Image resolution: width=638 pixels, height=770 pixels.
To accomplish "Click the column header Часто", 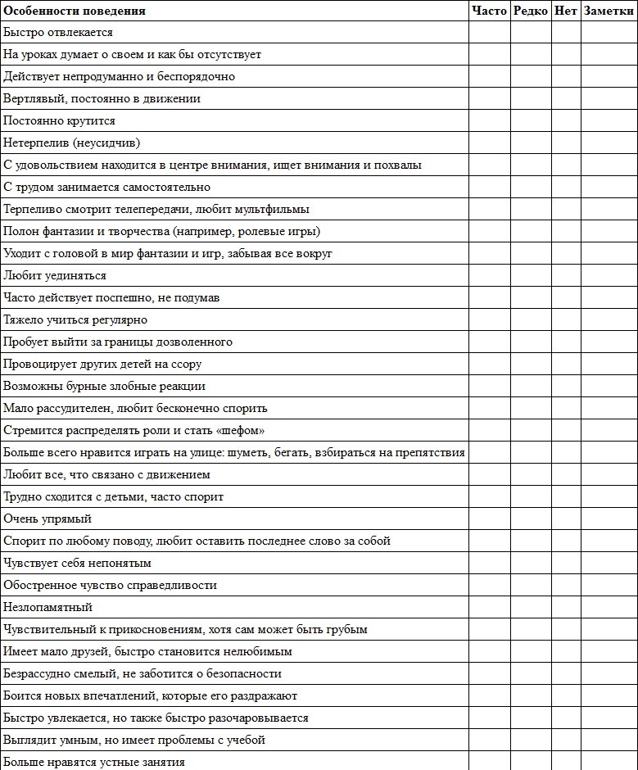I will (x=490, y=11).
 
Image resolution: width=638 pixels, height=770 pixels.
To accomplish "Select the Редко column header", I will (x=531, y=11).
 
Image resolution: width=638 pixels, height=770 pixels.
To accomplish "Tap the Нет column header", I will (x=566, y=11).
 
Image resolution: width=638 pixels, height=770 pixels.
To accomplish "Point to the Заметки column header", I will (x=609, y=11).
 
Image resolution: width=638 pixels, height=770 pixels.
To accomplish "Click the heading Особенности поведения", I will (x=75, y=11).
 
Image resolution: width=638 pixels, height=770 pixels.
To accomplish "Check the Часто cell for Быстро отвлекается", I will (x=490, y=33).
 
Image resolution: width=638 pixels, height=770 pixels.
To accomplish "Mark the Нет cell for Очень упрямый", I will (x=566, y=519).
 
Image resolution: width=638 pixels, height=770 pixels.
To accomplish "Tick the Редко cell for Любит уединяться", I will (x=531, y=276).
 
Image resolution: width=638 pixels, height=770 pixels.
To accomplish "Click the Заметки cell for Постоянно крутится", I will (x=609, y=121).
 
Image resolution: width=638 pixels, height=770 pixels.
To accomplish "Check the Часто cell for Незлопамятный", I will (x=490, y=608).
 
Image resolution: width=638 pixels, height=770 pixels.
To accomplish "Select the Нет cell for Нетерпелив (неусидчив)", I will (x=566, y=143).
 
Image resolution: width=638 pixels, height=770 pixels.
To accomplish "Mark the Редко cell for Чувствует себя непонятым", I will (x=531, y=564).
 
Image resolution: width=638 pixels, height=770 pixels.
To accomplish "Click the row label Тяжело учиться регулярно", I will (x=75, y=320).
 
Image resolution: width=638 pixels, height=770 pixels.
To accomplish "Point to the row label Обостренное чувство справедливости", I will (x=110, y=586).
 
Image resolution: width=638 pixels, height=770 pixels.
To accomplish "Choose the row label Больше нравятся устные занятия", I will (x=94, y=763).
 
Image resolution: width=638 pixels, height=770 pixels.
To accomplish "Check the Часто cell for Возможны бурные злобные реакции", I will (x=490, y=387).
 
